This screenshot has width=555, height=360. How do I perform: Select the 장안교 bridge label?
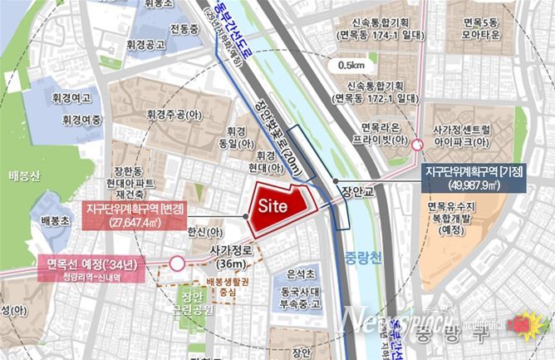[359, 190]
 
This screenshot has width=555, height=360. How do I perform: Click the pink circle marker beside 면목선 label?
[177, 264]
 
